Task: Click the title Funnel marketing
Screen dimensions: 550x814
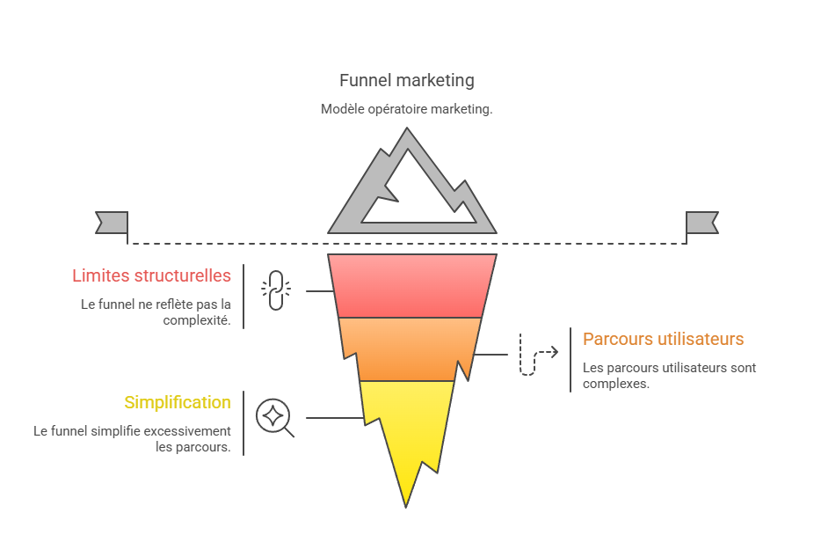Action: tap(406, 80)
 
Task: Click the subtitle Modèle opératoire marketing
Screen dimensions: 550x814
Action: tap(406, 109)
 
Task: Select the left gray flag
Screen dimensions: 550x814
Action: tap(112, 223)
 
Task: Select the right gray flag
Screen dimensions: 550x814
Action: tap(701, 223)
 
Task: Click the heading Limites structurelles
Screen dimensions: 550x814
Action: tap(151, 275)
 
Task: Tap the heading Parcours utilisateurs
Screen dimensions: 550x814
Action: tap(663, 339)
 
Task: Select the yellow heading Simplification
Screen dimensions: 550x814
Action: tap(177, 402)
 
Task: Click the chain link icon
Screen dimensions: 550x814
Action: tap(274, 290)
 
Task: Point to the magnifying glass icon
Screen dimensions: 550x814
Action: tap(273, 416)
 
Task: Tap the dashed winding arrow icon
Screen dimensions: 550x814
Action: tap(536, 354)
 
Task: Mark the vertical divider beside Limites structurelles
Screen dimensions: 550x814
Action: tap(243, 296)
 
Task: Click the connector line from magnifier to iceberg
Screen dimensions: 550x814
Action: tap(334, 418)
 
